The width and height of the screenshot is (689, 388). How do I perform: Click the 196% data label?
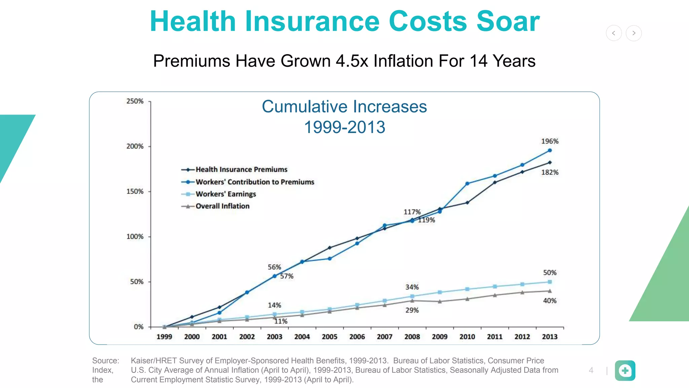click(x=549, y=141)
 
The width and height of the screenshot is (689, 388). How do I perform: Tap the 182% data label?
click(x=549, y=172)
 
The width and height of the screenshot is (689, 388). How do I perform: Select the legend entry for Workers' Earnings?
click(x=225, y=194)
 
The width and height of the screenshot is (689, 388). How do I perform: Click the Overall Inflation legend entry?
click(x=222, y=206)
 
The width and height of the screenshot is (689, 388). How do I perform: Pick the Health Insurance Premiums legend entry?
click(x=241, y=169)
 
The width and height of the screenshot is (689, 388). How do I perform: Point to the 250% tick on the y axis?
click(x=135, y=101)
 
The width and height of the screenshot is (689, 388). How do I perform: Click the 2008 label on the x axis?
click(x=412, y=336)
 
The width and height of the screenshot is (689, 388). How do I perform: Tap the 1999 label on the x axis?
click(x=164, y=336)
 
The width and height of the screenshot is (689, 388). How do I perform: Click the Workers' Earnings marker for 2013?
click(x=550, y=282)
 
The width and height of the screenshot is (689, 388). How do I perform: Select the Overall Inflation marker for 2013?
click(x=550, y=291)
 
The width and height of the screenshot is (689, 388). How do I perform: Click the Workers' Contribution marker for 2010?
click(x=467, y=184)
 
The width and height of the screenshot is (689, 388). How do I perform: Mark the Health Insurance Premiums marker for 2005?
click(x=330, y=248)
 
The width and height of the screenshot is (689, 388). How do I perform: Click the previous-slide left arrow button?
click(x=614, y=33)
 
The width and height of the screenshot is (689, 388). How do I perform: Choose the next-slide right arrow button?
click(x=634, y=33)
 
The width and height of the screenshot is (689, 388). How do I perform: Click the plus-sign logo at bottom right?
click(x=625, y=370)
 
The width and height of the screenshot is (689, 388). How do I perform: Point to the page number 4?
click(x=591, y=370)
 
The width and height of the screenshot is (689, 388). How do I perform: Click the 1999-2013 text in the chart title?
click(x=344, y=127)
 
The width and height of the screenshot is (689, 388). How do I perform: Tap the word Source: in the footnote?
click(x=106, y=361)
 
